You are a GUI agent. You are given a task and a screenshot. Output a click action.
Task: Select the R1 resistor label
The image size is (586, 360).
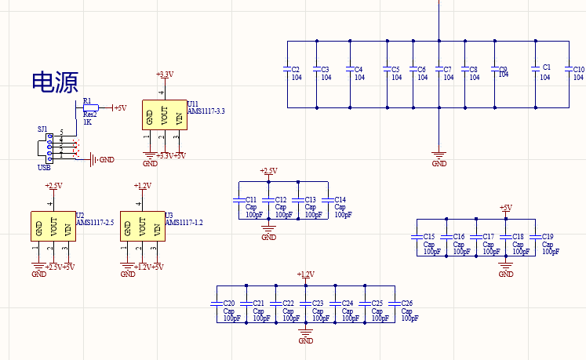[87, 101]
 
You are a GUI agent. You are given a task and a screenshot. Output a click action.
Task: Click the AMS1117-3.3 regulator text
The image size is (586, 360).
[206, 111]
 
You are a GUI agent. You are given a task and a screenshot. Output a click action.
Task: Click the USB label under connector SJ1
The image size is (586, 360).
[44, 168]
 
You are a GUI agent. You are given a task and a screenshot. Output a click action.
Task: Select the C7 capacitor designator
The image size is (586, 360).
[447, 69]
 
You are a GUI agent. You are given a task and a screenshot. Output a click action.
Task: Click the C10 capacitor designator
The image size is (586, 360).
[578, 69]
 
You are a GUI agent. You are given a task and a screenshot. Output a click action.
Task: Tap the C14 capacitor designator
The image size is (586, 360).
[340, 199]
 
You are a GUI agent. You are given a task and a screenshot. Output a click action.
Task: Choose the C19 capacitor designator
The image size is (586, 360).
[548, 237]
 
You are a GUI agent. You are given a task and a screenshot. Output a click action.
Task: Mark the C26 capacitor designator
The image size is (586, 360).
[406, 303]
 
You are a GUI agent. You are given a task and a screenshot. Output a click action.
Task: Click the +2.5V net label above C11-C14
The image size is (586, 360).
[268, 170]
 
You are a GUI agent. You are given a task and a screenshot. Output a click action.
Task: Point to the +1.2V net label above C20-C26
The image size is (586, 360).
[306, 274]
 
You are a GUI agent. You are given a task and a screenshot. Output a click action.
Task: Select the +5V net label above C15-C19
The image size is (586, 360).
[505, 208]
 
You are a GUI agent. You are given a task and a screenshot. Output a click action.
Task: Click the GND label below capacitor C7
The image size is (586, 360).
[439, 163]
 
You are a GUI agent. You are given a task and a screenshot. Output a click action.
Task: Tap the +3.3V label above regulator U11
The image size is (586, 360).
[165, 75]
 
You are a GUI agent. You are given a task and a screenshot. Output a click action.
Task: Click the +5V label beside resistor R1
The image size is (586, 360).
[120, 107]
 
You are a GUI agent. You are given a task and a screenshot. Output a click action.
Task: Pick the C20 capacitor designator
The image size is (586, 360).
[229, 303]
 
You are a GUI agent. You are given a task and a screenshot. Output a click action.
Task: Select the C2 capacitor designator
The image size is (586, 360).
[296, 69]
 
